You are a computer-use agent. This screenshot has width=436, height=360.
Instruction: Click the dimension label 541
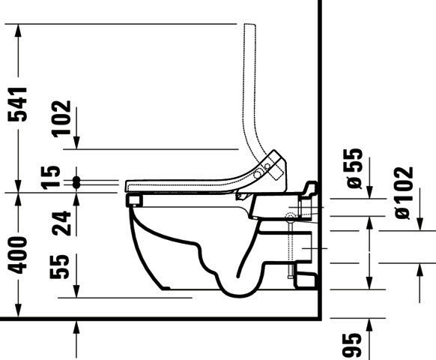point(18,103)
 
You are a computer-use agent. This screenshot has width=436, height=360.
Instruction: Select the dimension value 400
point(18,255)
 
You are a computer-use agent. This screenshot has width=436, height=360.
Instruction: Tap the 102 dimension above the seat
point(61,118)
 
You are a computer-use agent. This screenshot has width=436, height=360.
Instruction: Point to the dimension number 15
point(51,177)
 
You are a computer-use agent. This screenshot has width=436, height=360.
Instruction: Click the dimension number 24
point(61,223)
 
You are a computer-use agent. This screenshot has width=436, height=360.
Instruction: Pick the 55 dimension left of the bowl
point(59,267)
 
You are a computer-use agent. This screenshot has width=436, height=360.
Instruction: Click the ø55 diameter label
point(353,169)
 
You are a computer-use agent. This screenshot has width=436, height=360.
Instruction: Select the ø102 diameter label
point(403,193)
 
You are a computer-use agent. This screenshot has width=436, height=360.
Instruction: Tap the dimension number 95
point(352,345)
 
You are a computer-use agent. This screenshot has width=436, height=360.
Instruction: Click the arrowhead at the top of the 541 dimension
point(18,30)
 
